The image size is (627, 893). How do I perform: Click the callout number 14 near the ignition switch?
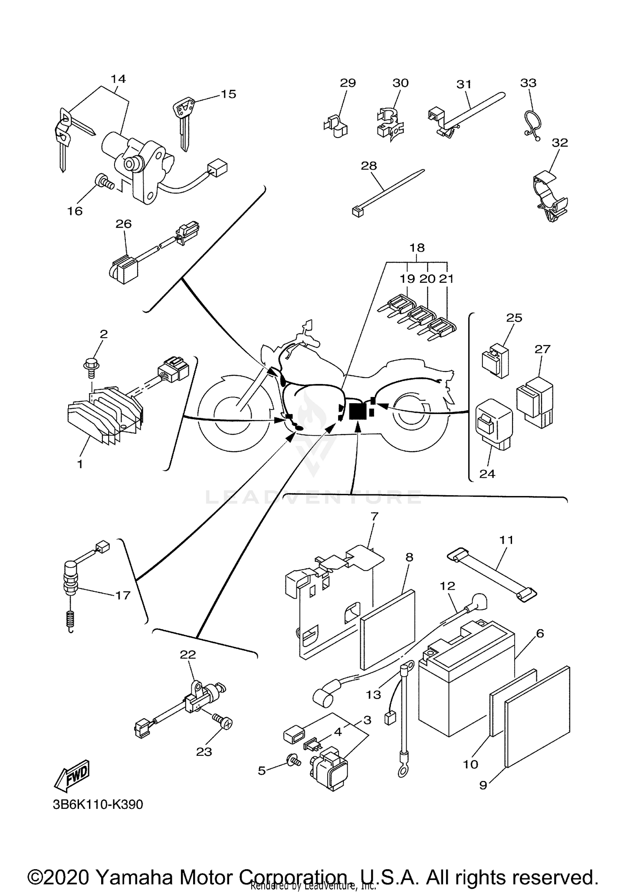coord(118,79)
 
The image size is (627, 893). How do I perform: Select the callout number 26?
coord(124,224)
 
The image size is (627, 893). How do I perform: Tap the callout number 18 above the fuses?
coord(417,248)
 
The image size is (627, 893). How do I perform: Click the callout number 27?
coord(542,348)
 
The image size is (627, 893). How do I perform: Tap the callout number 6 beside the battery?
coord(540,633)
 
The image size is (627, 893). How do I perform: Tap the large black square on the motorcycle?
coord(357,411)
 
